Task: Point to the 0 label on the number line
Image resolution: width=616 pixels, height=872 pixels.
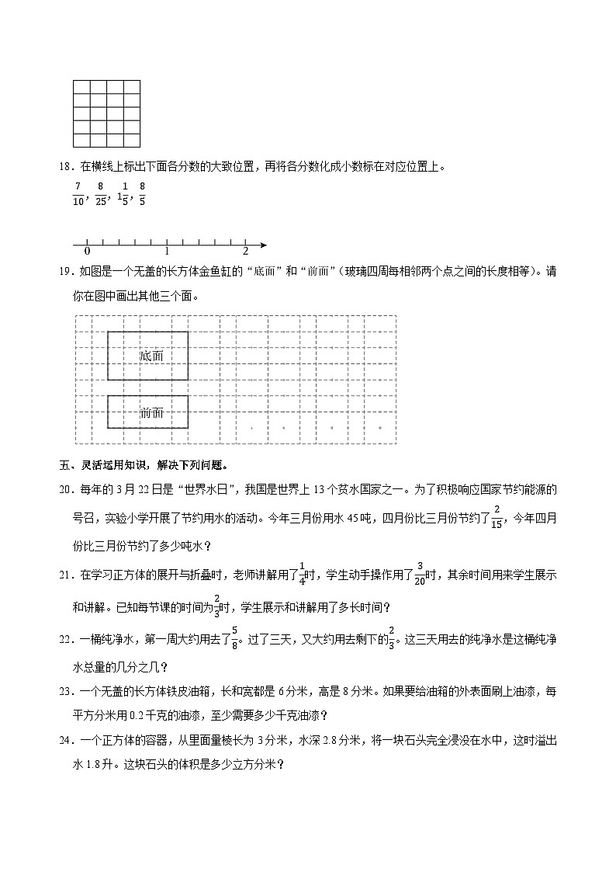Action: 87,252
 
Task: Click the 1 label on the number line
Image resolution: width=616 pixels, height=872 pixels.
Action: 167,252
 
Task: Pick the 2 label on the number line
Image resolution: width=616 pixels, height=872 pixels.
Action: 246,252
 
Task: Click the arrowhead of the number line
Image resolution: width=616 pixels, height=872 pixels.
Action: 264,245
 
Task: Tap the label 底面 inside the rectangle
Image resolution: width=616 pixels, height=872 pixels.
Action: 152,356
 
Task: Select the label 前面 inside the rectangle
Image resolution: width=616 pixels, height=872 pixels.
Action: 152,413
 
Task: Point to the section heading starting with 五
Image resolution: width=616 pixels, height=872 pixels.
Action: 144,466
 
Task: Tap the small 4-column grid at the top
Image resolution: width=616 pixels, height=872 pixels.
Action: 106,113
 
